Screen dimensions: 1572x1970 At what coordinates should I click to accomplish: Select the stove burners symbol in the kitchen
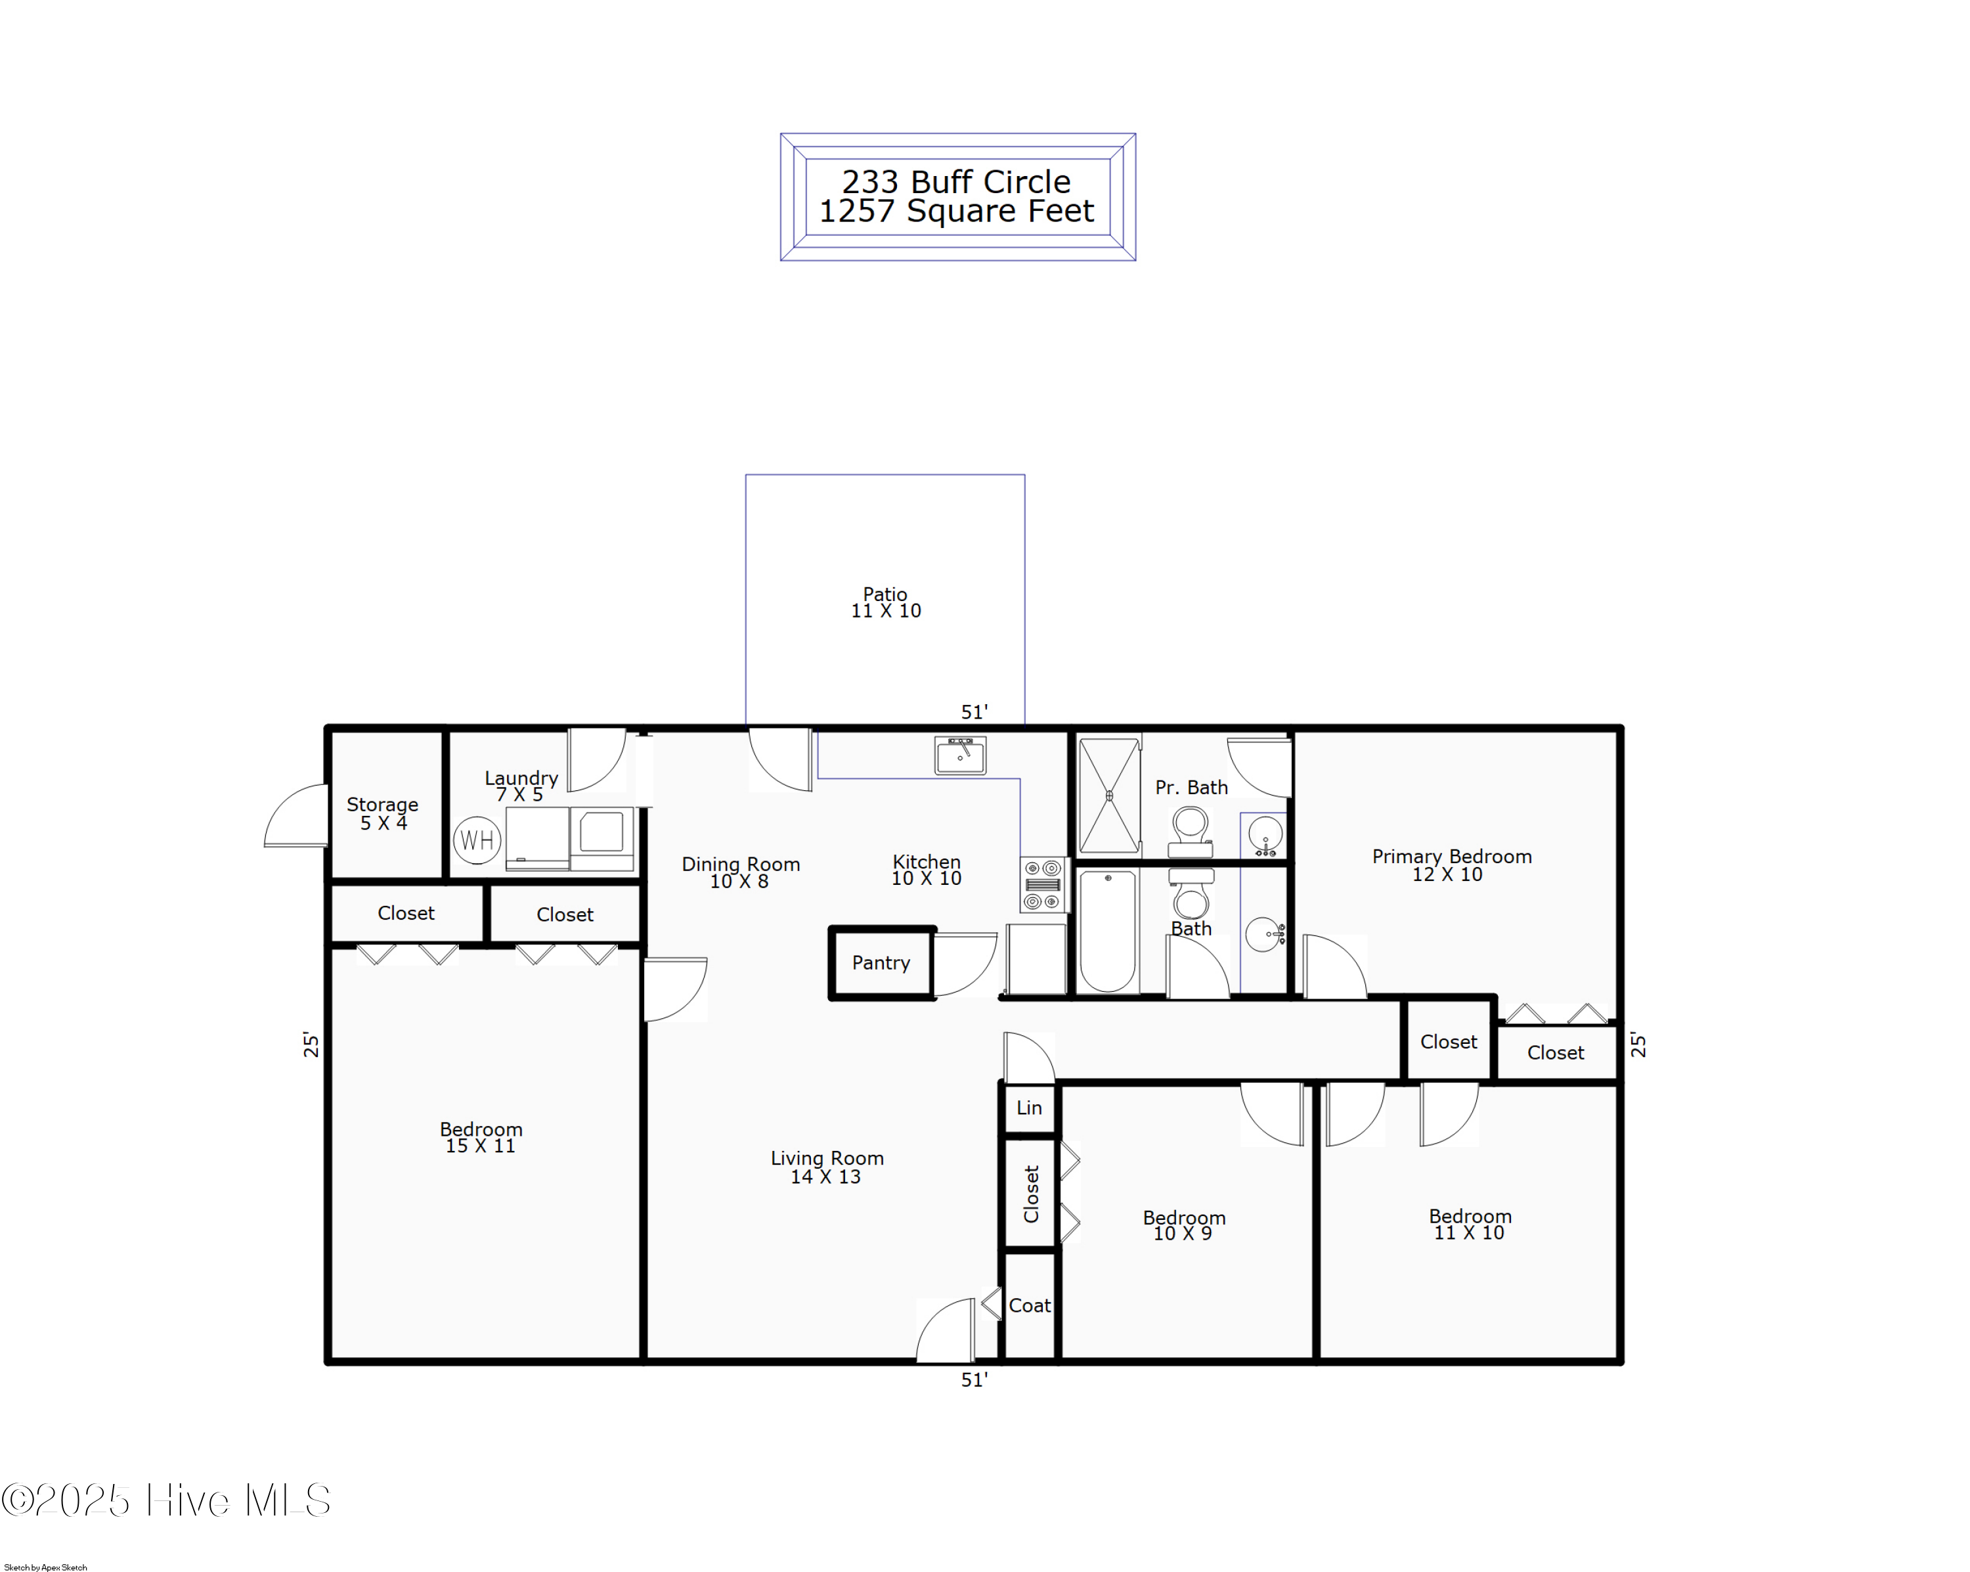[1043, 884]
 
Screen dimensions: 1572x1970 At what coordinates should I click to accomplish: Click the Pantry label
[881, 962]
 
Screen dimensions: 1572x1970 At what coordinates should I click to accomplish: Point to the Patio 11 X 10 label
[885, 602]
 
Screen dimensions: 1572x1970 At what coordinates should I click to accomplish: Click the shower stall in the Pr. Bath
[1109, 795]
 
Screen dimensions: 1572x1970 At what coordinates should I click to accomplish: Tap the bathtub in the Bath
[1107, 930]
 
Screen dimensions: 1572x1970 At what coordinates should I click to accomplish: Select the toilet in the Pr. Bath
[1190, 830]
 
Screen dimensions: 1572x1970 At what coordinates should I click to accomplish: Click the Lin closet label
[1029, 1108]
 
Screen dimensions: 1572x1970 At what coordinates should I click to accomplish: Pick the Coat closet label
[1029, 1305]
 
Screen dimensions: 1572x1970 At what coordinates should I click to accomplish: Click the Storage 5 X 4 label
[382, 813]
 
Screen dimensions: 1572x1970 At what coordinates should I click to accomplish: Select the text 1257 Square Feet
[955, 211]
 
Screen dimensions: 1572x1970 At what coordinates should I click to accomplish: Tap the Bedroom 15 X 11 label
[481, 1137]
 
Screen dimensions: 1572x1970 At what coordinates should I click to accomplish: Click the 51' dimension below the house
[974, 1380]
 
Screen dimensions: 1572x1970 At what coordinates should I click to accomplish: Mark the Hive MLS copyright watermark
[166, 1500]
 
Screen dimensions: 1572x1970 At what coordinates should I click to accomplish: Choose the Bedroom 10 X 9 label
[1183, 1224]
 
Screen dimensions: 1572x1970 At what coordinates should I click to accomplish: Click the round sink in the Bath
[1263, 934]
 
